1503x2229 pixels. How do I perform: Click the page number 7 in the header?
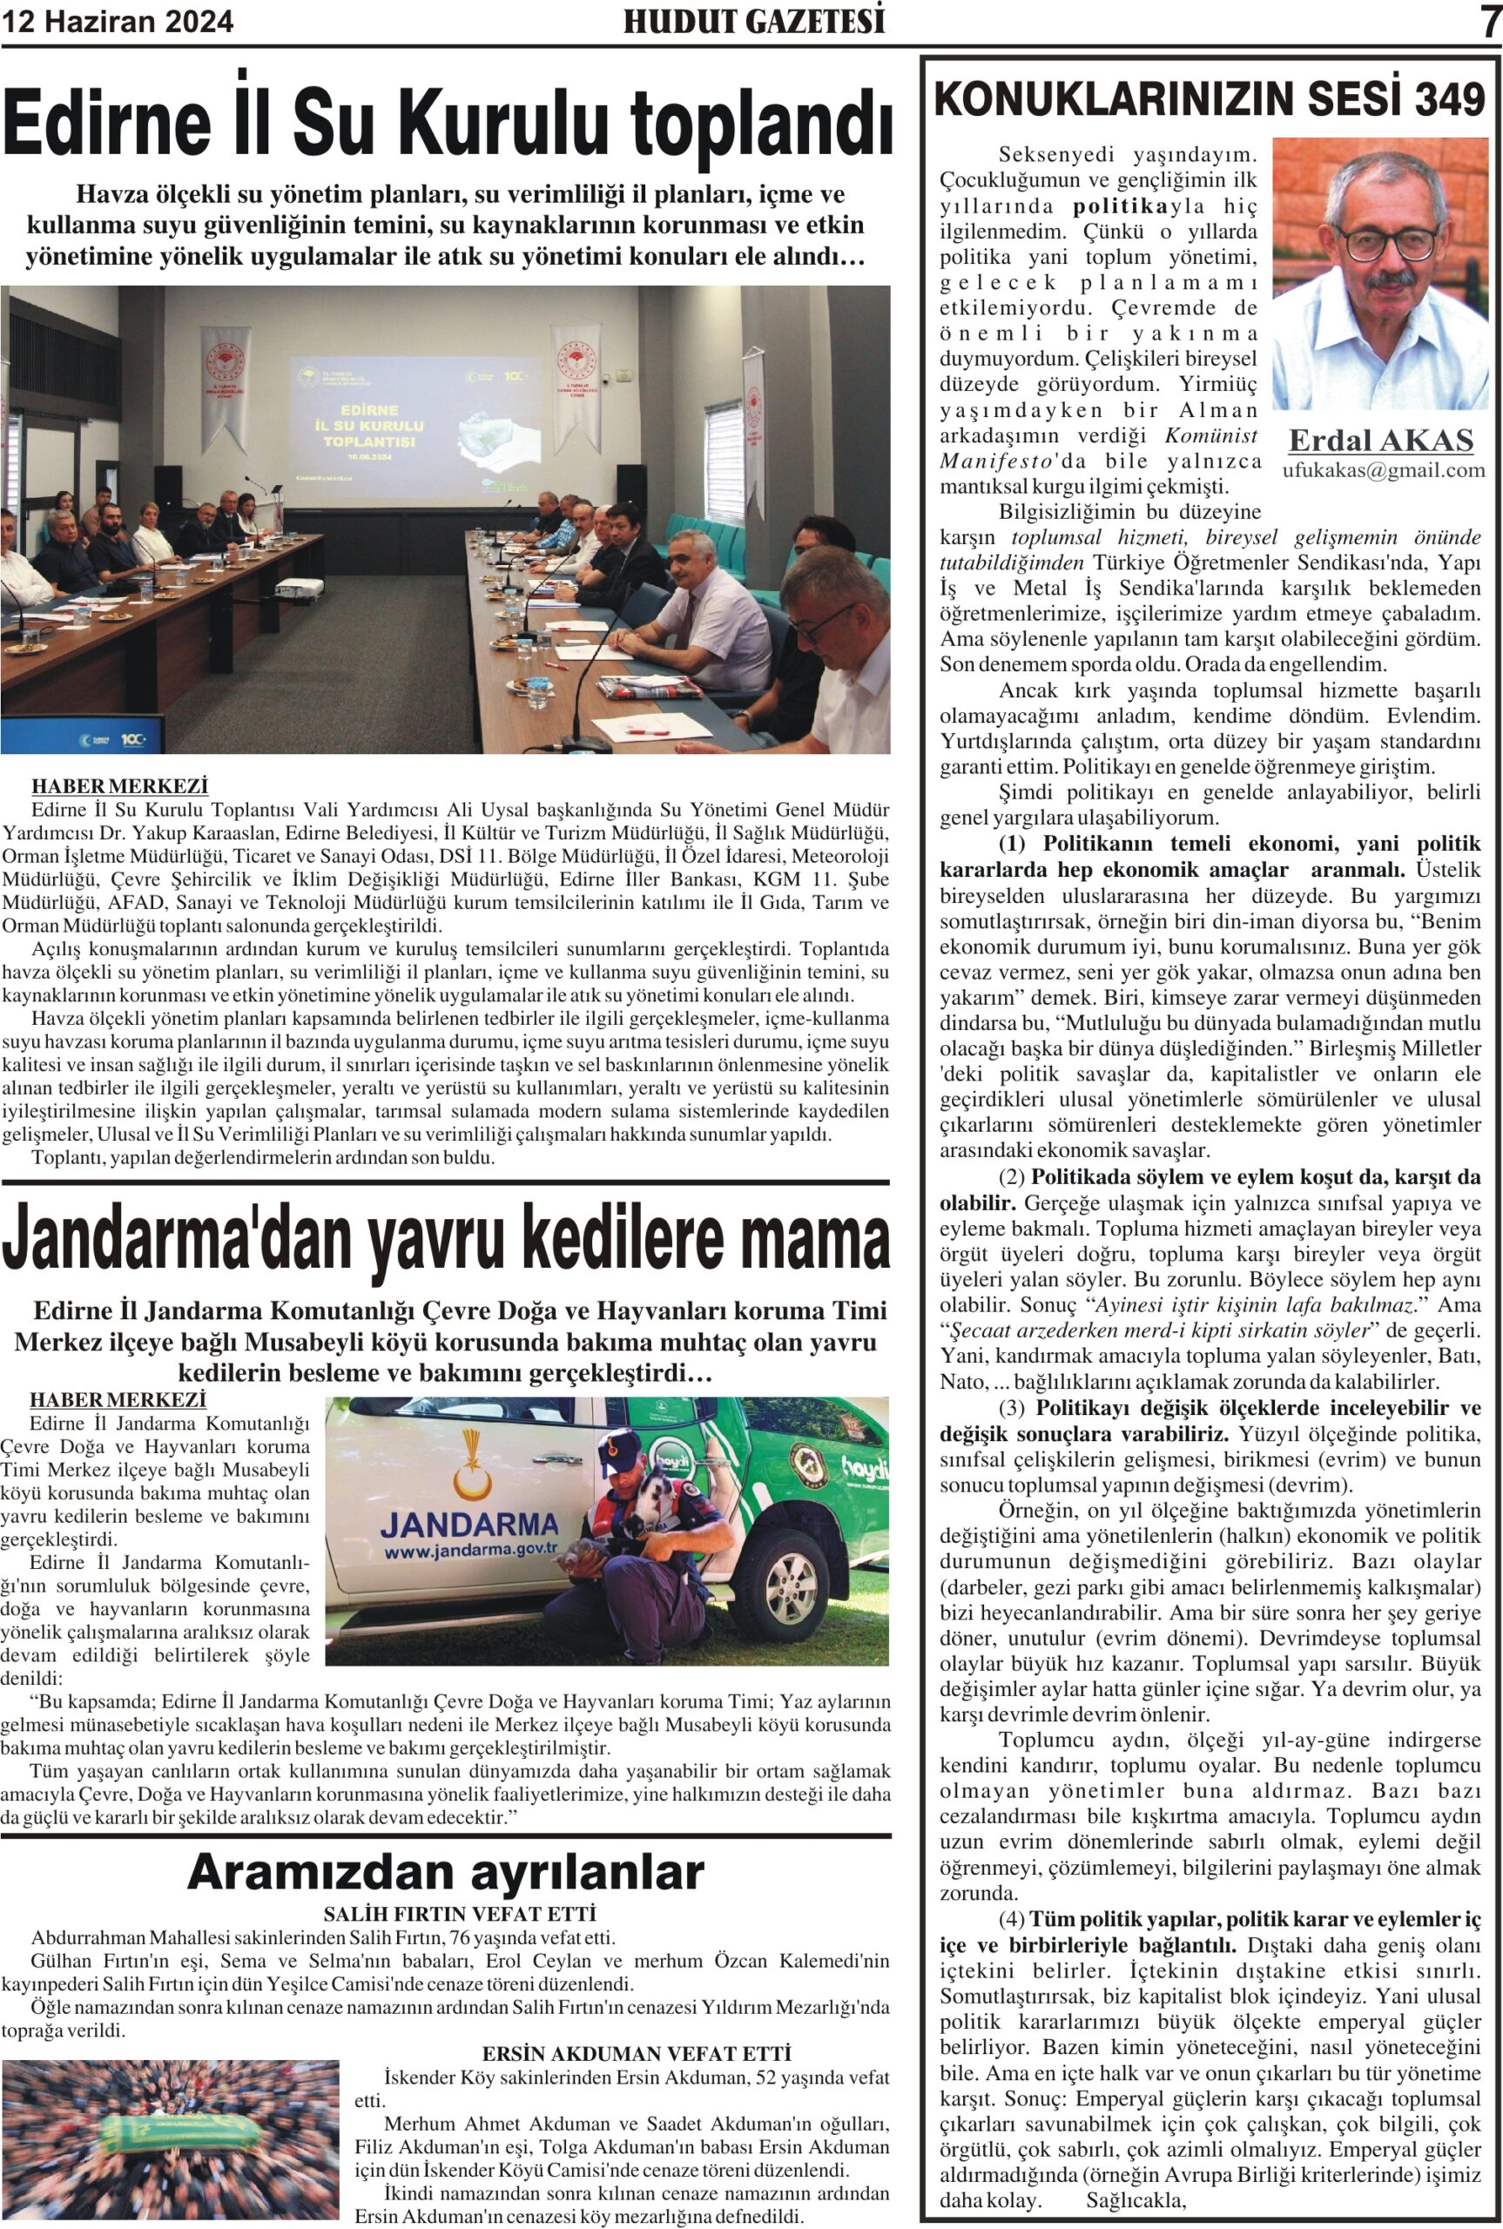[x=1488, y=22]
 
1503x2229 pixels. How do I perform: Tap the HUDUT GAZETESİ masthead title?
[x=753, y=22]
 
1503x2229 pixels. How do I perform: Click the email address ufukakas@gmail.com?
[x=1383, y=469]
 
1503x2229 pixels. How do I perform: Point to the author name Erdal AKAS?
[x=1381, y=440]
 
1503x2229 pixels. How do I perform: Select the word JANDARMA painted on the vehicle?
[x=468, y=1524]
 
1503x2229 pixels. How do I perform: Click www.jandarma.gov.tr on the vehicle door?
[x=470, y=1549]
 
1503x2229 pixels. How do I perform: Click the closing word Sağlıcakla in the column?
[x=1136, y=2199]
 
